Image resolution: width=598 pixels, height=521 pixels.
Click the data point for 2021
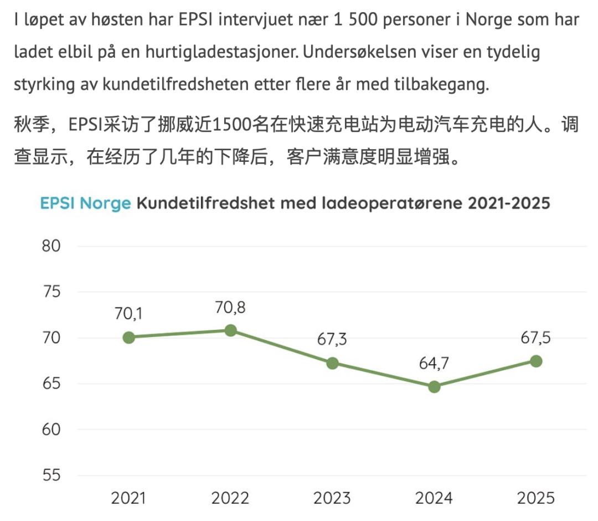click(129, 338)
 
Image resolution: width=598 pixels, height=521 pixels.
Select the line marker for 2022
click(230, 330)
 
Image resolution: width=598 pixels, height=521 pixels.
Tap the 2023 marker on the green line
click(332, 363)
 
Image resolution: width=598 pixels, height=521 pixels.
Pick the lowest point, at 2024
click(434, 387)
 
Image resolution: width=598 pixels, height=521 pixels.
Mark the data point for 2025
click(536, 361)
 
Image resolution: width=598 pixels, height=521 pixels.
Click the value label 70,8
click(230, 308)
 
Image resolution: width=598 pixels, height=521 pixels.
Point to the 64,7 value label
click(434, 364)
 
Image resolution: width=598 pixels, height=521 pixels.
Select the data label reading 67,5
click(536, 338)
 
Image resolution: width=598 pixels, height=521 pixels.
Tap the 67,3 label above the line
click(332, 339)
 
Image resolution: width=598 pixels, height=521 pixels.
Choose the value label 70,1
click(128, 314)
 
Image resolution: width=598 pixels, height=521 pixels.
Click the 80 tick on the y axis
click(51, 246)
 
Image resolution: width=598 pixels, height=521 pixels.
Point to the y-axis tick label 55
click(51, 475)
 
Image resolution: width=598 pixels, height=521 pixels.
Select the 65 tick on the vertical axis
click(51, 383)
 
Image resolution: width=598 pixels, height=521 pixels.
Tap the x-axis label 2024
click(434, 498)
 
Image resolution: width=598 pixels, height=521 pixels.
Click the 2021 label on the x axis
click(128, 498)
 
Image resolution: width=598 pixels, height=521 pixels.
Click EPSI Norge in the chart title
click(85, 203)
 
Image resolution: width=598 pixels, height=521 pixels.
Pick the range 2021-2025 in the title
click(509, 203)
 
